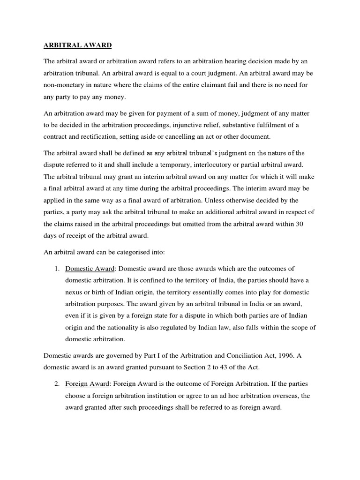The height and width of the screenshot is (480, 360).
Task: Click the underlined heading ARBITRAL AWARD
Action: coord(78,46)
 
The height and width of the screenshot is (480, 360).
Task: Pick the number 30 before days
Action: coord(300,224)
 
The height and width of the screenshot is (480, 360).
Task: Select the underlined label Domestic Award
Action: coord(87,269)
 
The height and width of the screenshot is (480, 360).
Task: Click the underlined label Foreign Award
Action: coord(85,383)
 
